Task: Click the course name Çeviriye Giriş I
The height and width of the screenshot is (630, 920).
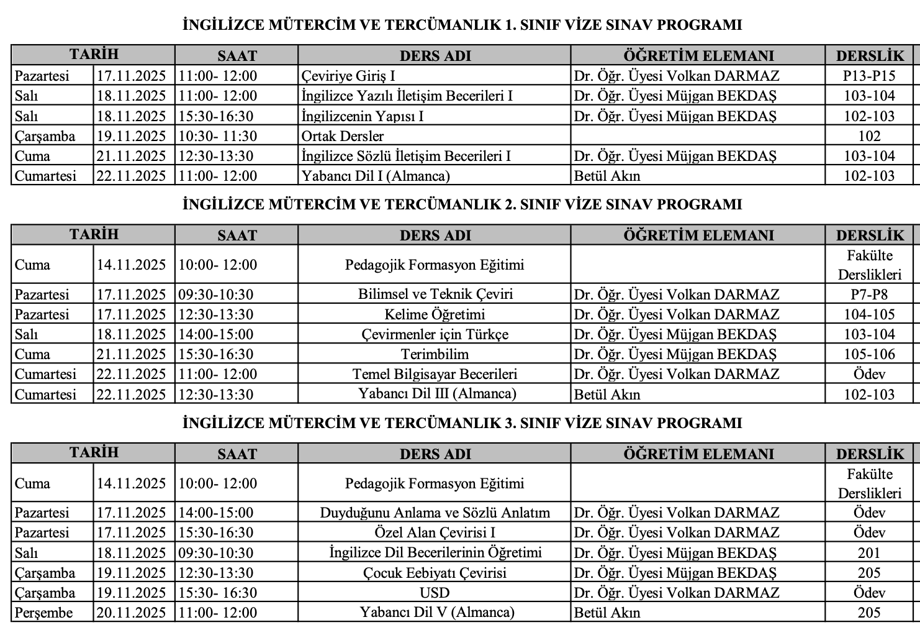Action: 348,76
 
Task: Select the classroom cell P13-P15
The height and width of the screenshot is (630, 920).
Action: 869,76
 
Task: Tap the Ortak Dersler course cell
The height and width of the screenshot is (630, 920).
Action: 343,136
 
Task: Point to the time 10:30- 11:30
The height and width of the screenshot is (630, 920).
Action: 218,136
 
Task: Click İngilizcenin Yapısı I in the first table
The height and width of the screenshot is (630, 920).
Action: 363,116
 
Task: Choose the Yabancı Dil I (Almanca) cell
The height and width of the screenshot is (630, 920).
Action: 376,176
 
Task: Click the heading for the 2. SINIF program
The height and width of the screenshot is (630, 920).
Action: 462,204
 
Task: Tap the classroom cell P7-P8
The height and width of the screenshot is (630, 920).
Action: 869,294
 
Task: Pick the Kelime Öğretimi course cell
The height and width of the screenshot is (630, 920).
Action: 435,314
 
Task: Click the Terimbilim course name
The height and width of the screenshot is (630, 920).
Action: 435,354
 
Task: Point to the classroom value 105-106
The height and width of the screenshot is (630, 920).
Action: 869,354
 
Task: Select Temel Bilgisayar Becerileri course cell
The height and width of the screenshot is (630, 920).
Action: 435,374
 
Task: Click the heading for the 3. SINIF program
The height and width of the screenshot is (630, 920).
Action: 462,423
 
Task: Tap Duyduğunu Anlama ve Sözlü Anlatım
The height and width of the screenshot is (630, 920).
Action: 435,513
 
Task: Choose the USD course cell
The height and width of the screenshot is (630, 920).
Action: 435,593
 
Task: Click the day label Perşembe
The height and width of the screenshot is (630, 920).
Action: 43,613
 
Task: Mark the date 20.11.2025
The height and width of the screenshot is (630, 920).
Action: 131,613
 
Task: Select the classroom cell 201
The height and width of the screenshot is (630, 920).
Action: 869,553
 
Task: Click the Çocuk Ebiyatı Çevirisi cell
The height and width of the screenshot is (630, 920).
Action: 435,573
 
